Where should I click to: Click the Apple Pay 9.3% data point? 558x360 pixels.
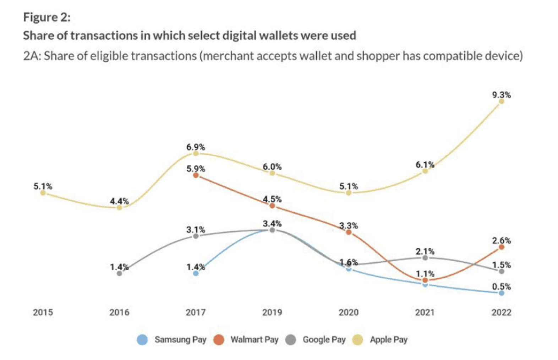point(501,101)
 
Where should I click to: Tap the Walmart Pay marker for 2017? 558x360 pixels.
point(196,175)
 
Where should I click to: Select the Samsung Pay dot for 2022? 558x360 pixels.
point(501,293)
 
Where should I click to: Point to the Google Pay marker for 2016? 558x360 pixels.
point(119,273)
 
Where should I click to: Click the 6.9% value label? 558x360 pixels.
point(196,147)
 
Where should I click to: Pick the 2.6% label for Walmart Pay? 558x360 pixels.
point(501,240)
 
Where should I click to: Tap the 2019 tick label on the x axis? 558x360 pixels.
point(272,312)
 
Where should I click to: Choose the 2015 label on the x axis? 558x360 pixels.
point(43,312)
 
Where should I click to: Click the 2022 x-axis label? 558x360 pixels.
point(501,312)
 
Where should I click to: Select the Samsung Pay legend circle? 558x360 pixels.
point(142,340)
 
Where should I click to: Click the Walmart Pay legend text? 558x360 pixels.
point(255,340)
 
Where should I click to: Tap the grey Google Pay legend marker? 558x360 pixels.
point(291,340)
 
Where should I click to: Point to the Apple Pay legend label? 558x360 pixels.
point(389,340)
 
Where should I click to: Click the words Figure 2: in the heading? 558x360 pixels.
point(47,17)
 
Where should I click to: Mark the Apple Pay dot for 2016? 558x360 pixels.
point(119,207)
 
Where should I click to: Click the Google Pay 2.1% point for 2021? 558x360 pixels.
point(425,258)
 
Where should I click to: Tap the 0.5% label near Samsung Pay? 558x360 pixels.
point(501,287)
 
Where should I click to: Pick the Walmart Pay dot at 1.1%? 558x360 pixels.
point(425,280)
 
